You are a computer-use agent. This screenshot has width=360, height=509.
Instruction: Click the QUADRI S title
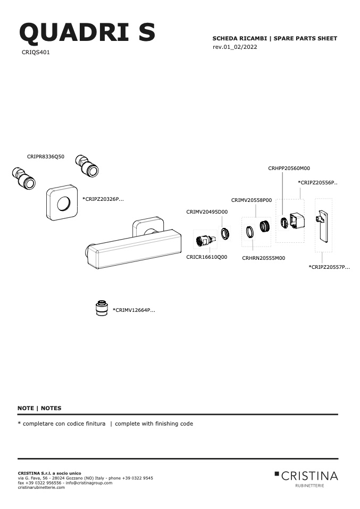[87, 32]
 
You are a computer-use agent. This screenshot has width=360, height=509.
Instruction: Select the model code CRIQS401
[36, 52]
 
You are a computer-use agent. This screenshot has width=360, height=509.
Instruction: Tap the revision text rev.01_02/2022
[235, 47]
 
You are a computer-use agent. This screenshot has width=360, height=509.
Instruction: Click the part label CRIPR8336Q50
[46, 156]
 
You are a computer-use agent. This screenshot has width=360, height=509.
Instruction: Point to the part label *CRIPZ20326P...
[103, 199]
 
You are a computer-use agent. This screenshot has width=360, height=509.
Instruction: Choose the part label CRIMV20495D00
[207, 211]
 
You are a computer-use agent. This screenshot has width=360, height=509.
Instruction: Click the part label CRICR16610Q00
[207, 257]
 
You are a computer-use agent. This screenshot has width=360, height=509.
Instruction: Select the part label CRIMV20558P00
[252, 200]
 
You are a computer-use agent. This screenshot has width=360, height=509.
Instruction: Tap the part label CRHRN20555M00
[264, 258]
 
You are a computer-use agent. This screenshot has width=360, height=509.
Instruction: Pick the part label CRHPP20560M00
[289, 168]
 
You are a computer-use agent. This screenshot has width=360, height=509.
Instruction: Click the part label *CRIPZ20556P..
[318, 182]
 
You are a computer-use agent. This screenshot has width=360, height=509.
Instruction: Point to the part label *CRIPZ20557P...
[329, 267]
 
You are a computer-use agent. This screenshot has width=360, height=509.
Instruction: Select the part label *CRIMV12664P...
[134, 310]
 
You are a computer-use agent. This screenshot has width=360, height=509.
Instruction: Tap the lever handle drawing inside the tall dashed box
[323, 225]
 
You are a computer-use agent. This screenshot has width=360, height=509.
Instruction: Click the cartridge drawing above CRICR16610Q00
[205, 241]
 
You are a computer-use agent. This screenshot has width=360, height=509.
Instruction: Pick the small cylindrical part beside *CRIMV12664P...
[102, 308]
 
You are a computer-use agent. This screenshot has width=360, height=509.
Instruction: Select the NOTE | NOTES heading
[39, 408]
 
